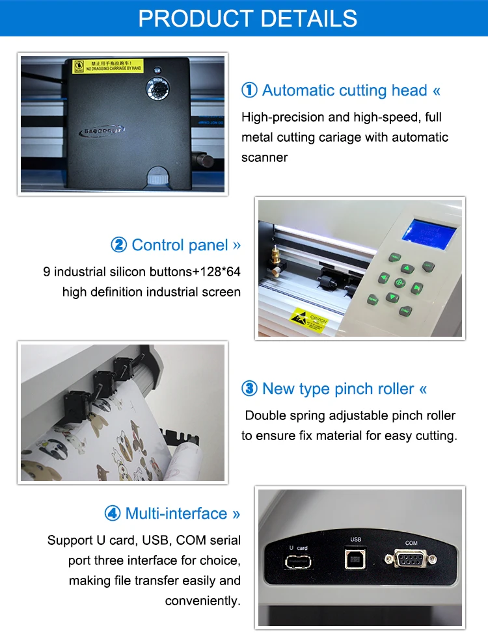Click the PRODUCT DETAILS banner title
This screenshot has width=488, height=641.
[x=248, y=18]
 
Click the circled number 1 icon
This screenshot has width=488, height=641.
[x=249, y=90]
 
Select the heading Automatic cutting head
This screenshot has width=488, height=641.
[x=345, y=90]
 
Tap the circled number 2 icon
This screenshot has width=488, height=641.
[x=118, y=245]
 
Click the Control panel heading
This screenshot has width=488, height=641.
[x=180, y=245]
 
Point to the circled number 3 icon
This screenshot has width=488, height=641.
[x=249, y=389]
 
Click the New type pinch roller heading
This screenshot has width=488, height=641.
[x=338, y=389]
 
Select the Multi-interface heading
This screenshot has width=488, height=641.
[x=176, y=514]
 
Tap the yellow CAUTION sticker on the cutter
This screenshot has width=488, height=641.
[x=308, y=320]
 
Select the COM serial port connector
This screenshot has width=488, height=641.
[x=410, y=558]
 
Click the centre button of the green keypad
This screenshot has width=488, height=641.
[x=399, y=283]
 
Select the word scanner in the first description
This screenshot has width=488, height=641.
[x=264, y=157]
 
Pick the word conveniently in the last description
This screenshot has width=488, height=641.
[x=202, y=601]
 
